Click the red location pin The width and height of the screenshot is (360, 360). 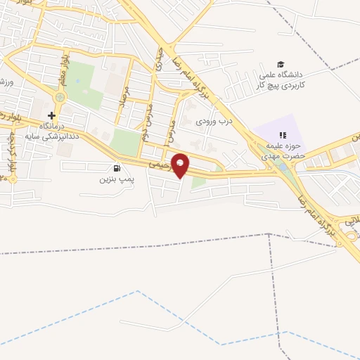tap(181, 165)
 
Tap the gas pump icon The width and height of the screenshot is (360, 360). tap(116, 168)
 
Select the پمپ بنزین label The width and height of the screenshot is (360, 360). tap(116, 179)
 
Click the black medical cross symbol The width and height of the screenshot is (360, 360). tap(51, 115)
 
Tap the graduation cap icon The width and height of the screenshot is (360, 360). tap(281, 65)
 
